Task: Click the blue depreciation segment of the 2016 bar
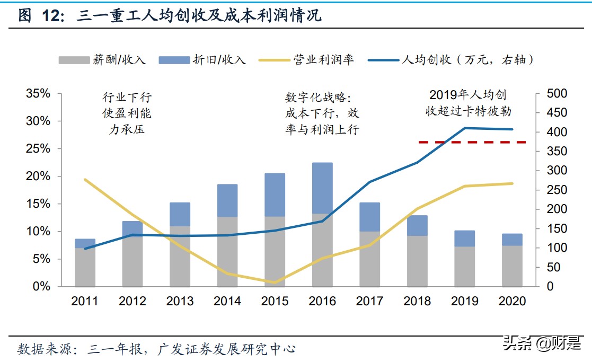coord(322,188)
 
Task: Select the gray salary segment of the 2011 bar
coord(85,267)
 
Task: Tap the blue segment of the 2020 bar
coord(511,240)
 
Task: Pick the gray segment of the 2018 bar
coord(417,261)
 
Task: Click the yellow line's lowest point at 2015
coord(275,282)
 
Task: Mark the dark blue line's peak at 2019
coord(465,128)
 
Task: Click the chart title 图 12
coord(170,16)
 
